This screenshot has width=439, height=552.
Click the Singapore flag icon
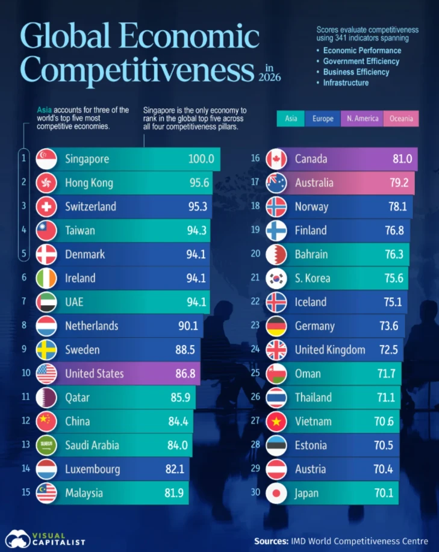(46, 159)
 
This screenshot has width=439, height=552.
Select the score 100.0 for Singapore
(201, 159)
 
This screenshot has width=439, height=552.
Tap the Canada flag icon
(276, 159)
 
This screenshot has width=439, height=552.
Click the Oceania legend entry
(401, 119)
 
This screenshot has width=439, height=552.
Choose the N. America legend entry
(363, 119)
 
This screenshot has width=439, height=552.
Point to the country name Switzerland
(90, 206)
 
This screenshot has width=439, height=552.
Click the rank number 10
(26, 373)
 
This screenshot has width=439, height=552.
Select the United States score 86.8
(185, 373)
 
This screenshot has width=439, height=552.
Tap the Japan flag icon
(276, 493)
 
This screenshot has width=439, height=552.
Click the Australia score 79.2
(399, 183)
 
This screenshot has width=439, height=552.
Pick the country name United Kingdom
(330, 350)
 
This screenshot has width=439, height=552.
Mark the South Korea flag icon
(276, 278)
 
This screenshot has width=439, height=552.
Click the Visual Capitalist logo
(45, 539)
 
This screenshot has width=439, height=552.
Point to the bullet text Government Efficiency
(361, 61)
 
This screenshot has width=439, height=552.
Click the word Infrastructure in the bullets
(346, 82)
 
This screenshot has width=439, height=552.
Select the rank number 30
(255, 492)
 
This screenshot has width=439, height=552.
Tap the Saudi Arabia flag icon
(46, 445)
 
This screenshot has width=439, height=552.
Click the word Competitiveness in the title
(137, 69)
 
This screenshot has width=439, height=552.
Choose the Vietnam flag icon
(276, 421)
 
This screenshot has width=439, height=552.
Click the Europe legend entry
(323, 119)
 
